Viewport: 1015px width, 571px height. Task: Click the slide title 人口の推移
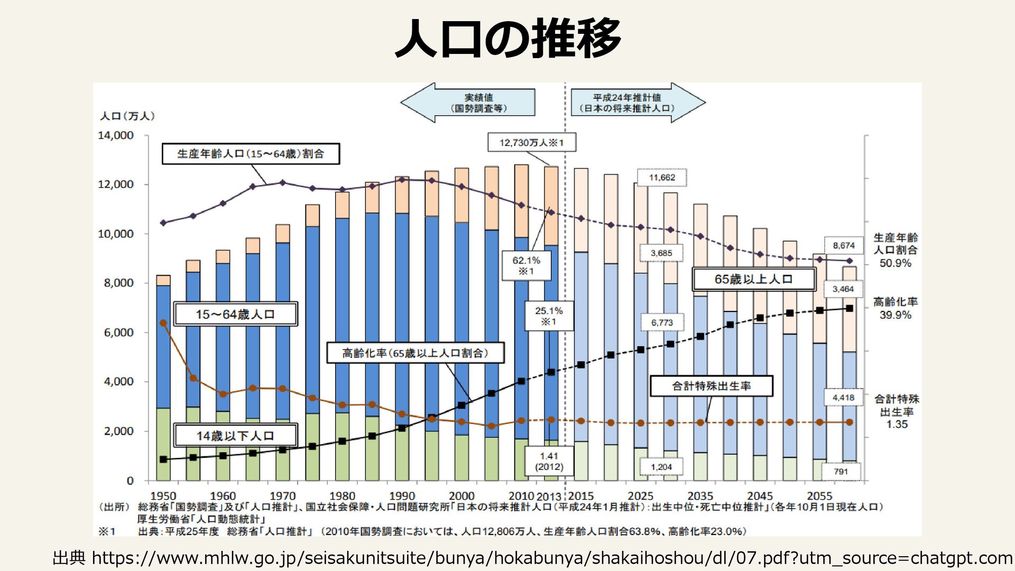click(508, 38)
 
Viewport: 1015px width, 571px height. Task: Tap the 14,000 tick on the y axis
click(116, 135)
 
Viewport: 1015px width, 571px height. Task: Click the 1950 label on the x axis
click(163, 496)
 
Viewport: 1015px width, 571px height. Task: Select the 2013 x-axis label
click(549, 496)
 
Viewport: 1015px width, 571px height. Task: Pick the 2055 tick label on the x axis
click(819, 496)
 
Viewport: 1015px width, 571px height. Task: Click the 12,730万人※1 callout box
click(531, 143)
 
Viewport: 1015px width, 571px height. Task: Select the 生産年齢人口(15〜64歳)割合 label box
click(251, 154)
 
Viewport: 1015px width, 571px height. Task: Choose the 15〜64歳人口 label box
click(235, 314)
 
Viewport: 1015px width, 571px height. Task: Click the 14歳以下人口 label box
click(235, 436)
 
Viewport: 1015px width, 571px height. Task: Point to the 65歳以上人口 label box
click(754, 279)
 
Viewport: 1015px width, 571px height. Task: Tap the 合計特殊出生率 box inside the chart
click(711, 386)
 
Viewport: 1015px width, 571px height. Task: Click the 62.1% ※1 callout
click(526, 265)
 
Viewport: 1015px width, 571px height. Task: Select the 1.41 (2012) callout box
click(549, 461)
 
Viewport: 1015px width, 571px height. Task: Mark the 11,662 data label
click(662, 178)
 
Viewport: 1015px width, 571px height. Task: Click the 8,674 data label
click(844, 245)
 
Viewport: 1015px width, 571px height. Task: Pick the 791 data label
click(841, 472)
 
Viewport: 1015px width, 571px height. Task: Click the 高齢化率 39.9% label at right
click(896, 308)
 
